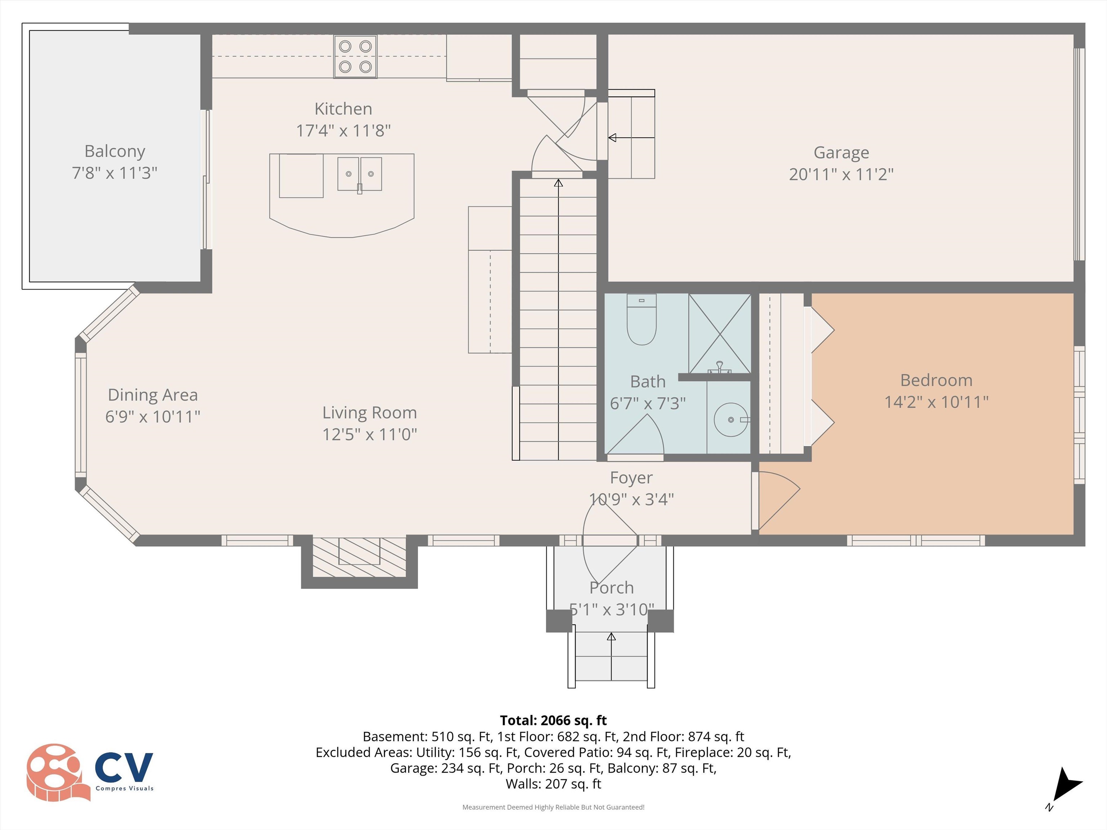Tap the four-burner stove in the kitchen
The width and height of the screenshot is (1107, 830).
[x=355, y=57]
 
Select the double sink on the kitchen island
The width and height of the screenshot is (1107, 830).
[x=359, y=174]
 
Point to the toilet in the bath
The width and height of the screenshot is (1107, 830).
[x=641, y=320]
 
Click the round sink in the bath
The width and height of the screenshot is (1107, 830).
[x=731, y=419]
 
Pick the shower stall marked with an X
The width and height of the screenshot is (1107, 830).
[x=720, y=333]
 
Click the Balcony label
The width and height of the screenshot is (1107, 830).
[x=115, y=151]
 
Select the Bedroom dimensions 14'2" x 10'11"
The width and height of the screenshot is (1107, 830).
[x=936, y=402]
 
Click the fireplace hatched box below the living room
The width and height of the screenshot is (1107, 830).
[x=359, y=556]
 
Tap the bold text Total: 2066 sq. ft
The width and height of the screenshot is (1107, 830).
[x=553, y=720]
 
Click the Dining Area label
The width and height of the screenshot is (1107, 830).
[x=153, y=395]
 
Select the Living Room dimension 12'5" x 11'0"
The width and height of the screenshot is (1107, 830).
[x=369, y=434]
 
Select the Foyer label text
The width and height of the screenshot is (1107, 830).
[x=631, y=478]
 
